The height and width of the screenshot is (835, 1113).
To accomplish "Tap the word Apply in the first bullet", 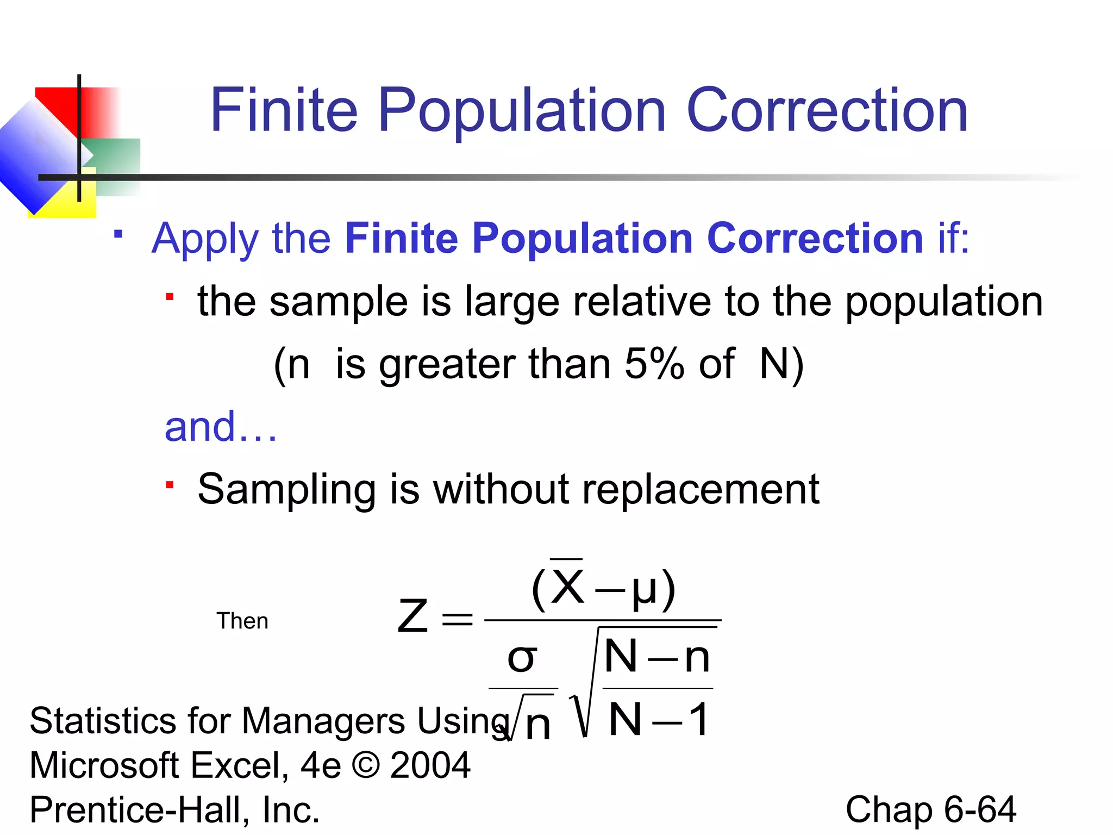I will coord(205,239).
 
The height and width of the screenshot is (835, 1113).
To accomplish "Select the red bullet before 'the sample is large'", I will coord(170,297).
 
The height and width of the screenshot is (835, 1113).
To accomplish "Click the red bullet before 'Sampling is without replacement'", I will coord(170,485).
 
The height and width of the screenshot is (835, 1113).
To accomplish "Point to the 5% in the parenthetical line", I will coord(654,364).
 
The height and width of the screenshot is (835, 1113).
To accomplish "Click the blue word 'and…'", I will coord(221,427).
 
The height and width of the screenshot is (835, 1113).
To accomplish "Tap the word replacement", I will coord(701,489).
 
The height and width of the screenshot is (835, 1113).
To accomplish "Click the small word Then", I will coord(242,621).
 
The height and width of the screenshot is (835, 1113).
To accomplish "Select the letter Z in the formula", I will coord(412,616).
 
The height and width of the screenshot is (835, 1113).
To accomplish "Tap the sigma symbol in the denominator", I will coord(522,658).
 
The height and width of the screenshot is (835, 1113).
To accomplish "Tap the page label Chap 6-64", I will coord(930,809).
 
